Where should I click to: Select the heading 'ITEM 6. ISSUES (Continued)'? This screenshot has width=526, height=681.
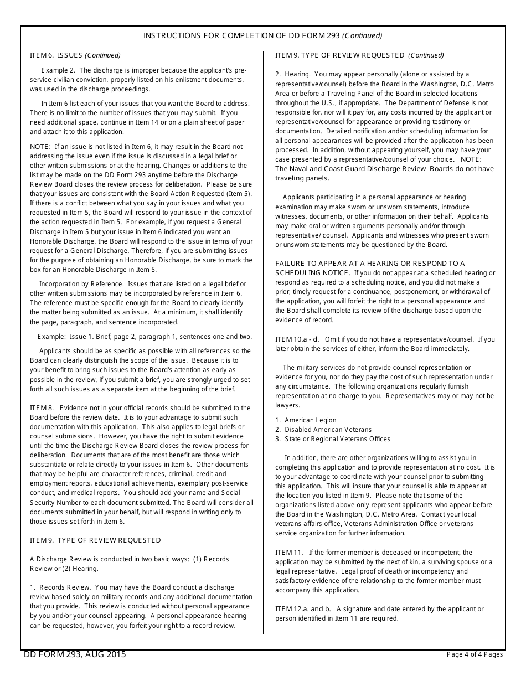point(75,55)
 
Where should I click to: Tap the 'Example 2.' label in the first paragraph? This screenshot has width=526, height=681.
point(58,70)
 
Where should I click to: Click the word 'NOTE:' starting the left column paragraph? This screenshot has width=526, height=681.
point(40,147)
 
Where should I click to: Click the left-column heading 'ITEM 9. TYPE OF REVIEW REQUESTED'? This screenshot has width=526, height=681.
point(95,540)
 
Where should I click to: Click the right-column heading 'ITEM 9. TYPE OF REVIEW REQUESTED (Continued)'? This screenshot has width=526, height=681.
point(359,55)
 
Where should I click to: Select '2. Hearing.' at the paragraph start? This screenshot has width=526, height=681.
point(292,74)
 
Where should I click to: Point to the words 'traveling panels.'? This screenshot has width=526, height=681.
point(302,178)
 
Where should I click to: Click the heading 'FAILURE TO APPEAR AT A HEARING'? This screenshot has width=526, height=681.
point(370,264)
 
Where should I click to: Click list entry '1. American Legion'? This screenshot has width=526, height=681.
point(306,420)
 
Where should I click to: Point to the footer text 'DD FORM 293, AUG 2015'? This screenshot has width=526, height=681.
point(75,654)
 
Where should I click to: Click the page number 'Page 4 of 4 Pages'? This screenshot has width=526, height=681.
point(475,654)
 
